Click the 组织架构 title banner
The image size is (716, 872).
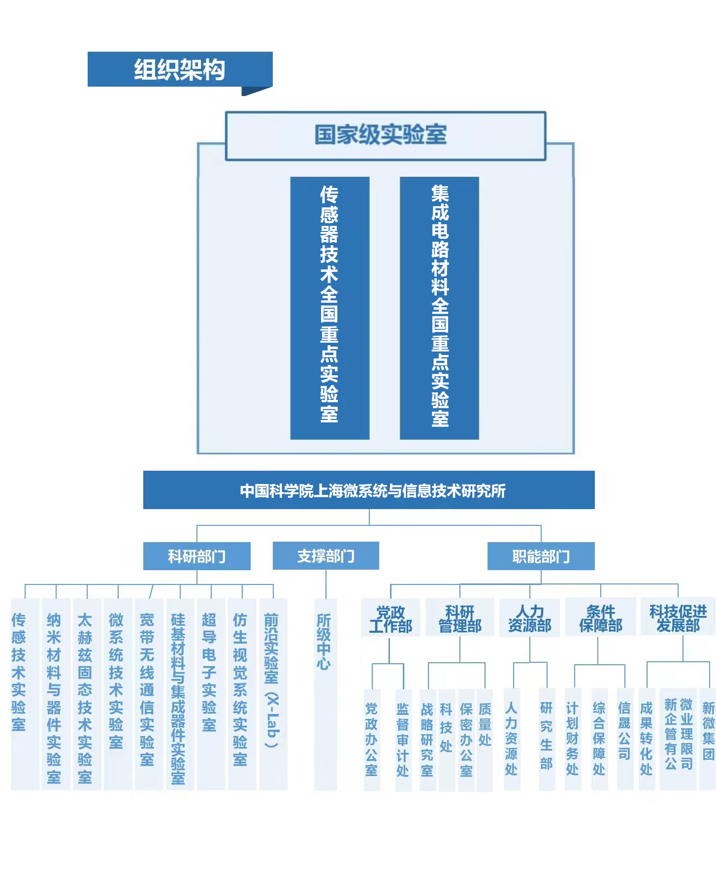pyautogui.click(x=180, y=69)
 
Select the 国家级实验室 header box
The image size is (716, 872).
pyautogui.click(x=386, y=136)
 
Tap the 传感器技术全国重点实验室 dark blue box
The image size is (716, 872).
pyautogui.click(x=330, y=308)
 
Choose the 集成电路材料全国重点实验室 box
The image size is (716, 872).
pyautogui.click(x=439, y=308)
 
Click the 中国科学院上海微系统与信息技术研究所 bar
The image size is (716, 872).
pyautogui.click(x=369, y=490)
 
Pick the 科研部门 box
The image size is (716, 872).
pyautogui.click(x=197, y=556)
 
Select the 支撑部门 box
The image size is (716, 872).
pyautogui.click(x=326, y=556)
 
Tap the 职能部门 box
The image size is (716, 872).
pyautogui.click(x=541, y=556)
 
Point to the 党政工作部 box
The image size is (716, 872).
pyautogui.click(x=391, y=618)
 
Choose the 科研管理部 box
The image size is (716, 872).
pyautogui.click(x=460, y=618)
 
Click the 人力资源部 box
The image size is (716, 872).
pyautogui.click(x=530, y=618)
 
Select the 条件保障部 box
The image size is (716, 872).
pyautogui.click(x=601, y=618)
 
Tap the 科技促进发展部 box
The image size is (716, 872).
pyautogui.click(x=678, y=618)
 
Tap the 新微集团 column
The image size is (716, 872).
pyautogui.click(x=708, y=739)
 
